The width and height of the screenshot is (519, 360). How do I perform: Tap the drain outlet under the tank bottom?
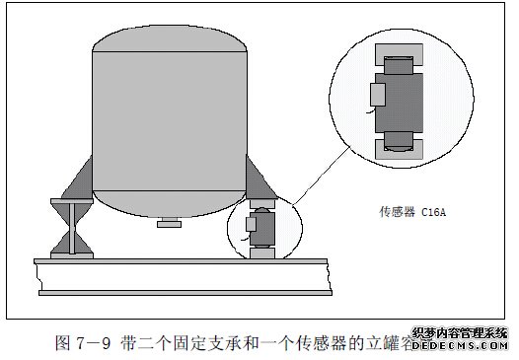(x=170, y=226)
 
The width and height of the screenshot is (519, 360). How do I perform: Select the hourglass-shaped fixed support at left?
(x=73, y=228)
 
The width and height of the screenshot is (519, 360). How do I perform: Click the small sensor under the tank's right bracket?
(x=262, y=226)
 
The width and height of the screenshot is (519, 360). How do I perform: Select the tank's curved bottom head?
(x=169, y=202)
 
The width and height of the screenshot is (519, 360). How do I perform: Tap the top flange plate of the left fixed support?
(x=73, y=201)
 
